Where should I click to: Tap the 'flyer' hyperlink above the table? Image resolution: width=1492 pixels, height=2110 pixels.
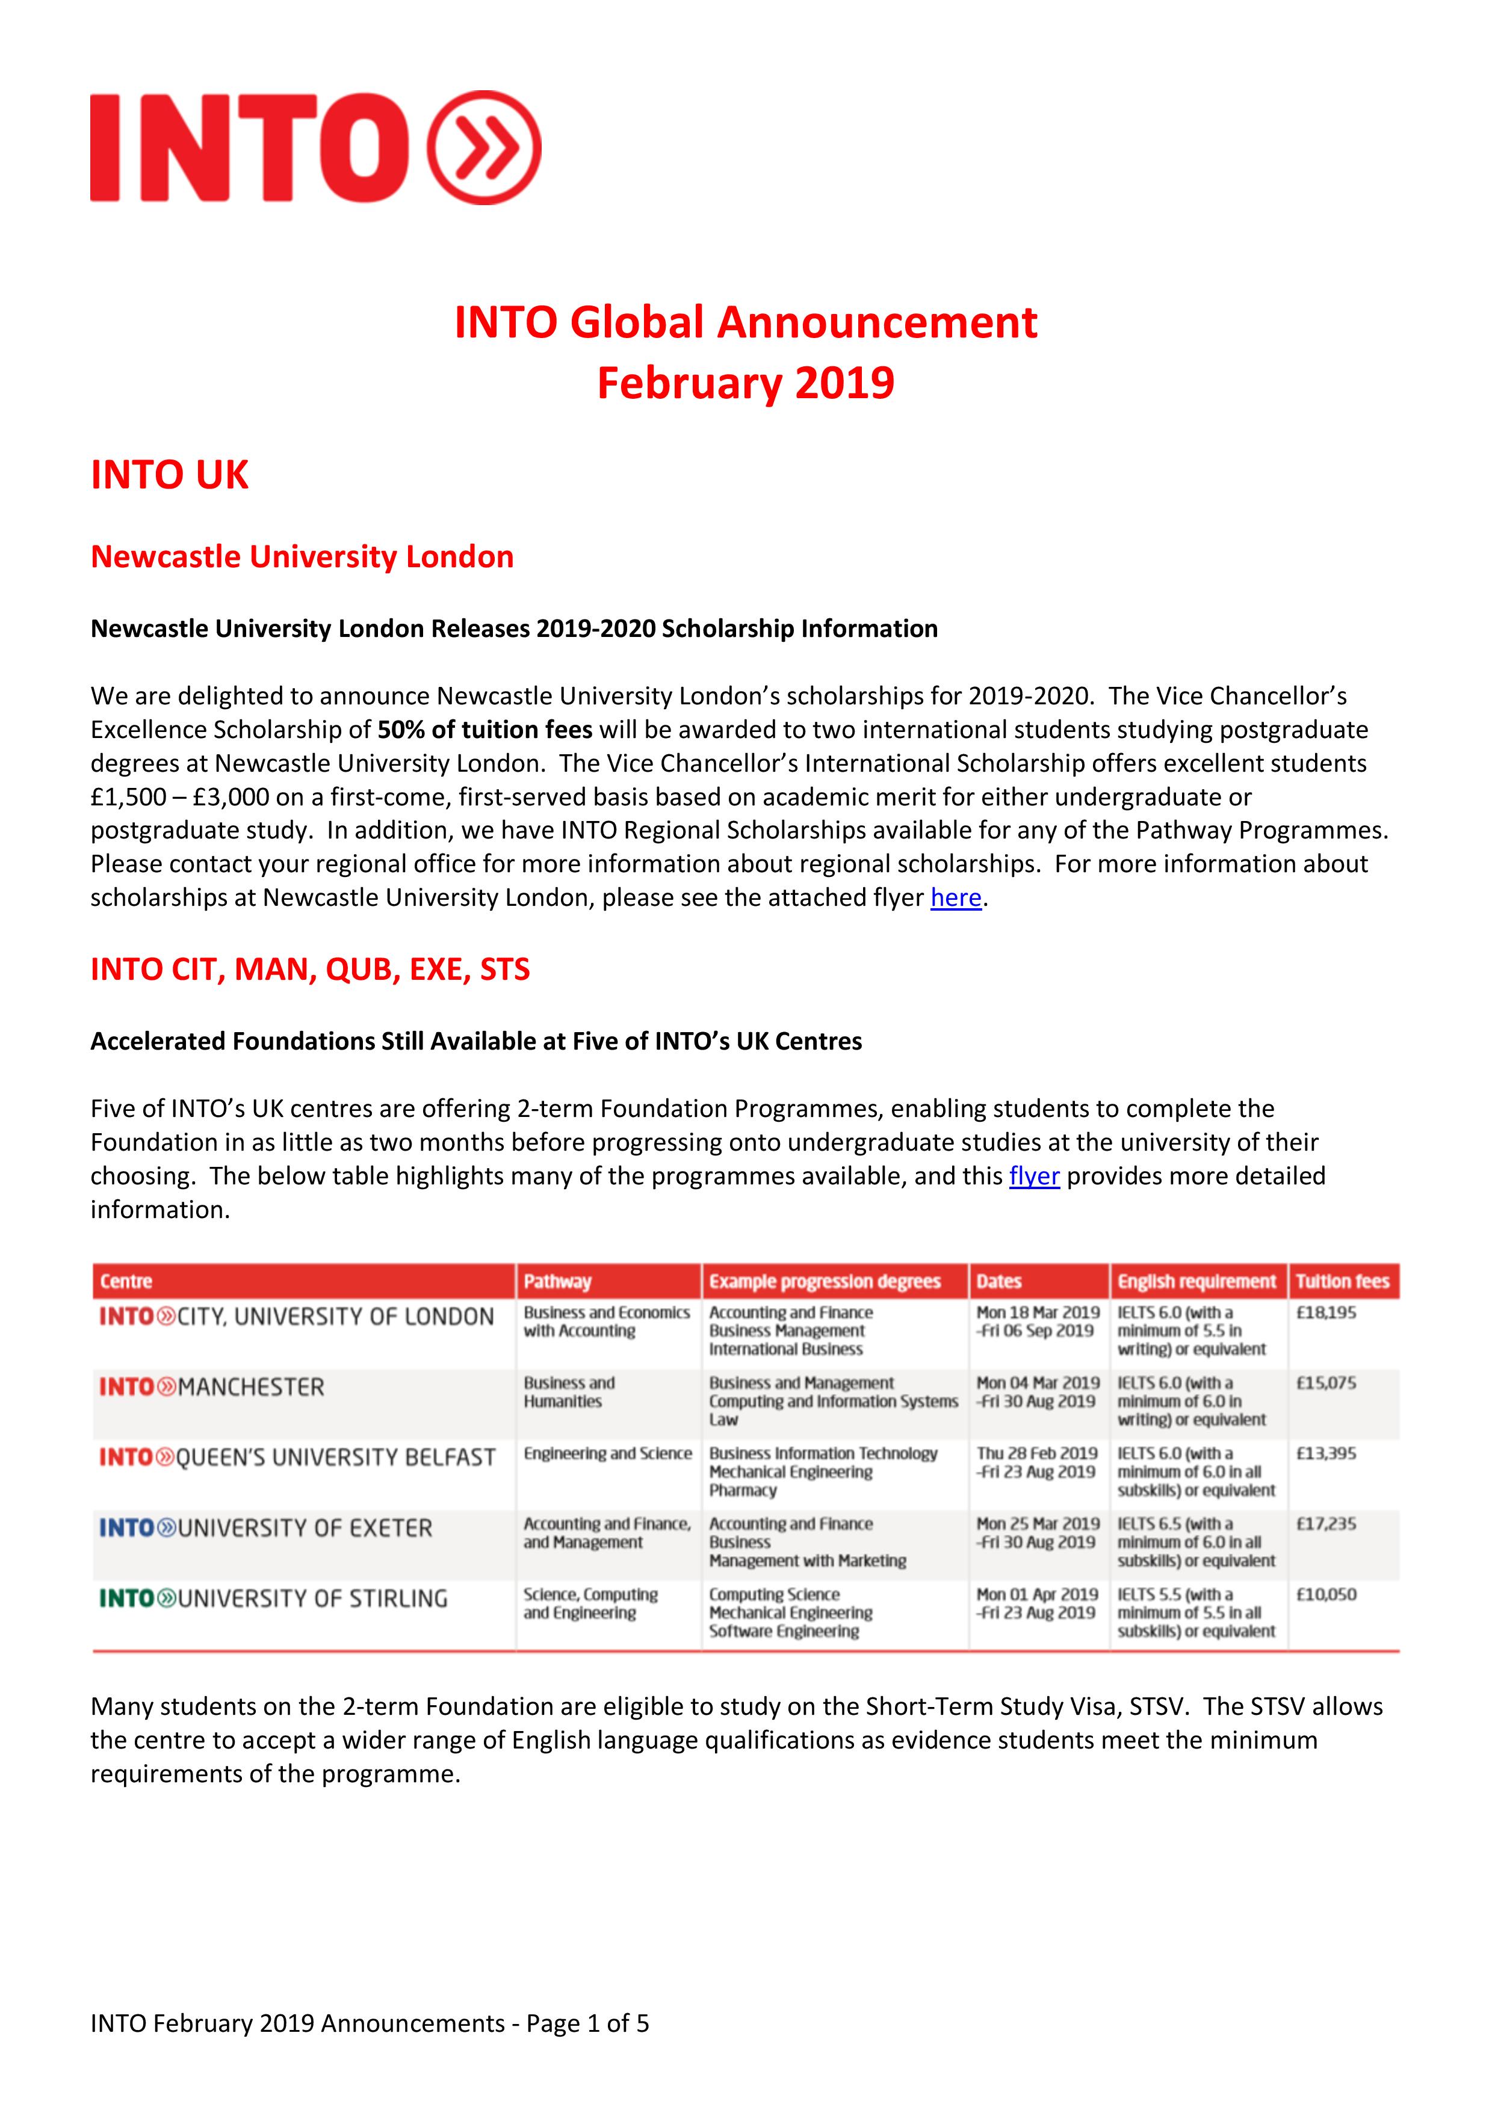pos(1033,1176)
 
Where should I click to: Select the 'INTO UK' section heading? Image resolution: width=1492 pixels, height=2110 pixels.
pos(169,475)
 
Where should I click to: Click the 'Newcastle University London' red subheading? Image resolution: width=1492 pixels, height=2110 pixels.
pos(302,557)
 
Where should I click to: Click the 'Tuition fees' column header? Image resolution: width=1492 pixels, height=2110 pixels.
pos(1342,1281)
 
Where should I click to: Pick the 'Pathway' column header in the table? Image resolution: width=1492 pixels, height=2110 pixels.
pos(557,1281)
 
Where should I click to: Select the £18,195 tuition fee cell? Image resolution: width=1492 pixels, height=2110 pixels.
pos(1326,1312)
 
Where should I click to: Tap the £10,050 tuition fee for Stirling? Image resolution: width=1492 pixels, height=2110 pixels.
pos(1326,1595)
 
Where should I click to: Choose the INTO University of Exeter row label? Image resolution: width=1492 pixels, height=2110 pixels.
pos(265,1528)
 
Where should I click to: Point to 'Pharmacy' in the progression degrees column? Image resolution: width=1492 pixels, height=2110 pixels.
pos(742,1490)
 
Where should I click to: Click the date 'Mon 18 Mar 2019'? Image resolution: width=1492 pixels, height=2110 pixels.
pos(1037,1312)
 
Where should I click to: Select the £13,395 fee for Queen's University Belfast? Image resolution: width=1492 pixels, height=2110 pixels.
pos(1326,1454)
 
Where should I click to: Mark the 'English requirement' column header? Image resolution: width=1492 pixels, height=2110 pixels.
pos(1196,1281)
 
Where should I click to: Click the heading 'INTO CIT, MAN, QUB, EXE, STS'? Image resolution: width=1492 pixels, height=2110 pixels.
pos(310,970)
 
